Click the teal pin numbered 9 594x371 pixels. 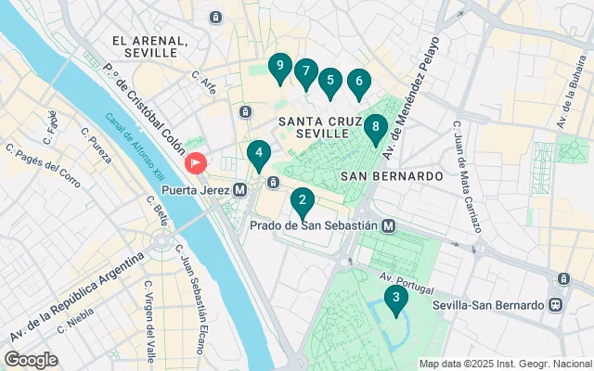pos(278,67)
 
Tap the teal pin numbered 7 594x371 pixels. pos(305,71)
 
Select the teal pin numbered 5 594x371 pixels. pos(329,81)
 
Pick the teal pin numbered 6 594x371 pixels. pos(358,83)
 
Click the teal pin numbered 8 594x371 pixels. pos(375,128)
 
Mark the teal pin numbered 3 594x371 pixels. pos(396,300)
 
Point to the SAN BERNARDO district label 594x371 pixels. pos(392,175)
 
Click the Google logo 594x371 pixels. pos(31,359)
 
